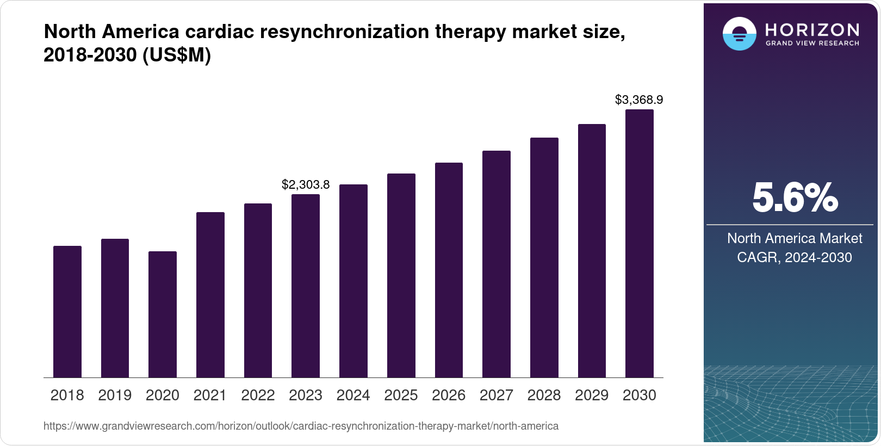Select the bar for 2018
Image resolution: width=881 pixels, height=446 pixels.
pos(67,312)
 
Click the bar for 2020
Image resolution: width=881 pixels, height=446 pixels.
pos(163,314)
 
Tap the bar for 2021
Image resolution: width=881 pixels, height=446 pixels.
pos(210,295)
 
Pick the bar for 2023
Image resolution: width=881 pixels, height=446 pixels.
pos(306,286)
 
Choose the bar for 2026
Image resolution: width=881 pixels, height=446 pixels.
pos(449,270)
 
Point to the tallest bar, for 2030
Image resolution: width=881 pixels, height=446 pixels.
pos(640,243)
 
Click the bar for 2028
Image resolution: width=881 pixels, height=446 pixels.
pos(544,257)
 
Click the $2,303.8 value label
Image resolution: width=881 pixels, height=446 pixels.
pos(306,185)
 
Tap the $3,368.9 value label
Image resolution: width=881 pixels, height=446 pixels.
pos(639,100)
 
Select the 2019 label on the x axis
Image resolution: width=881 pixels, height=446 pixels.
pos(115,395)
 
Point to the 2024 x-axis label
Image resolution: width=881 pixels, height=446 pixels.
pos(353,395)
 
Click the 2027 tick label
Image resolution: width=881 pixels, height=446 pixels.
pos(497,395)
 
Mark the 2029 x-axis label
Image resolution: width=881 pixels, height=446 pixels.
pos(592,395)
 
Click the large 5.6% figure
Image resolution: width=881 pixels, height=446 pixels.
pos(795,198)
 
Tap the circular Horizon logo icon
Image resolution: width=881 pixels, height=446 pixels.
pos(739,34)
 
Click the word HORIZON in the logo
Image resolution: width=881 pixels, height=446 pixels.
pos(812,29)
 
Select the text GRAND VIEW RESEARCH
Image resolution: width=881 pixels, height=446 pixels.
pos(812,43)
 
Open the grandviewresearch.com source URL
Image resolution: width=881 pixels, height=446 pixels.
pos(301,426)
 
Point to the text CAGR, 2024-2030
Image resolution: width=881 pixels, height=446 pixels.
pos(795,257)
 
